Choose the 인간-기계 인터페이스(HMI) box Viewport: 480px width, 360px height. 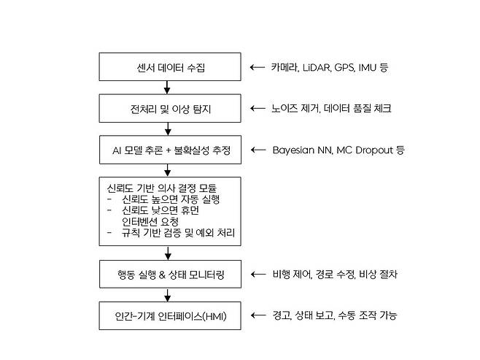168,315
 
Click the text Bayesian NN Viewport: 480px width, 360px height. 303,150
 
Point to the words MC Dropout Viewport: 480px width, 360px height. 363,150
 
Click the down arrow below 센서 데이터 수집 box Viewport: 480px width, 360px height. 168,88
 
